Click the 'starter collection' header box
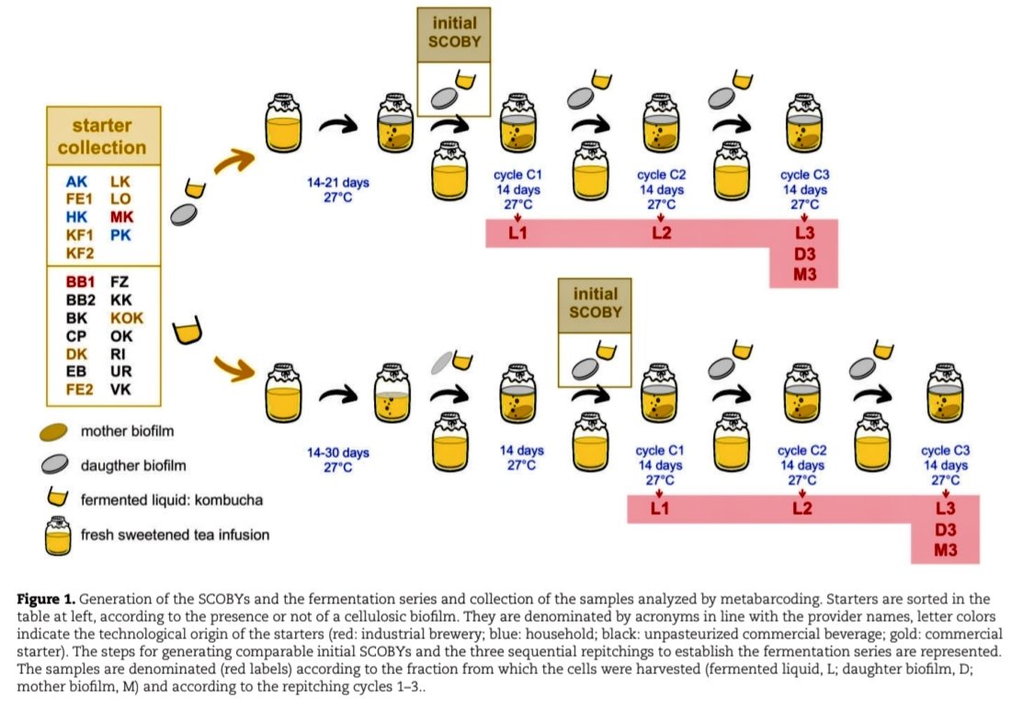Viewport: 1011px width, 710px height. (102, 136)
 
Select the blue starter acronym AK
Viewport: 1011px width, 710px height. (77, 182)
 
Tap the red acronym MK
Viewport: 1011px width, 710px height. (121, 216)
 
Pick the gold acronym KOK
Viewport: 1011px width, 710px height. (127, 317)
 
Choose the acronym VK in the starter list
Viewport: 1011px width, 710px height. (121, 388)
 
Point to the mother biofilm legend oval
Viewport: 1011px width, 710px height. (57, 430)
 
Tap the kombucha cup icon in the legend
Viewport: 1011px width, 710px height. (57, 498)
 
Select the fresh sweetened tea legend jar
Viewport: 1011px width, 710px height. (57, 533)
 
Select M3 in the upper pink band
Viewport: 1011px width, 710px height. (805, 274)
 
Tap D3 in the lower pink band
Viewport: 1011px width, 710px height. (946, 530)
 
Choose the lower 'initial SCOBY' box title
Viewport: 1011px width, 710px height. (596, 303)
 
